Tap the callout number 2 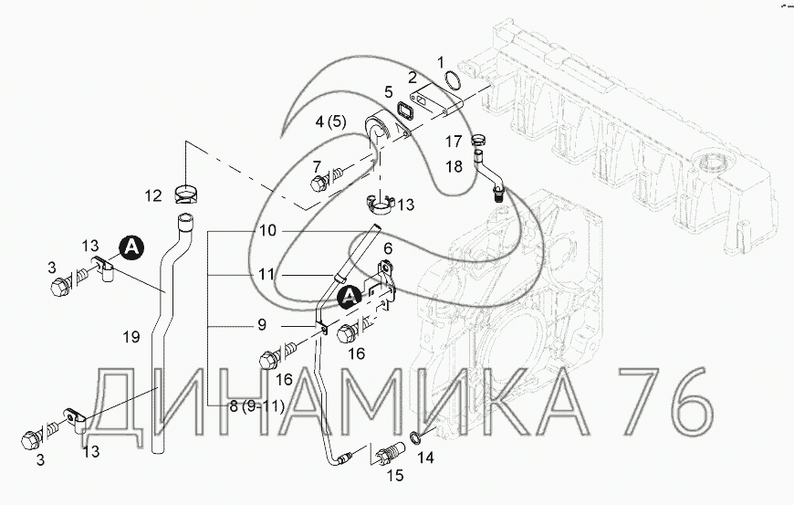point(413,78)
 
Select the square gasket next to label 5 point(404,110)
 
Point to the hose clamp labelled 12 point(186,194)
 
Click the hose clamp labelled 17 point(478,139)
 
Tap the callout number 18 point(454,166)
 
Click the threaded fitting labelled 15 point(392,452)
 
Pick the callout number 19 point(131,336)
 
